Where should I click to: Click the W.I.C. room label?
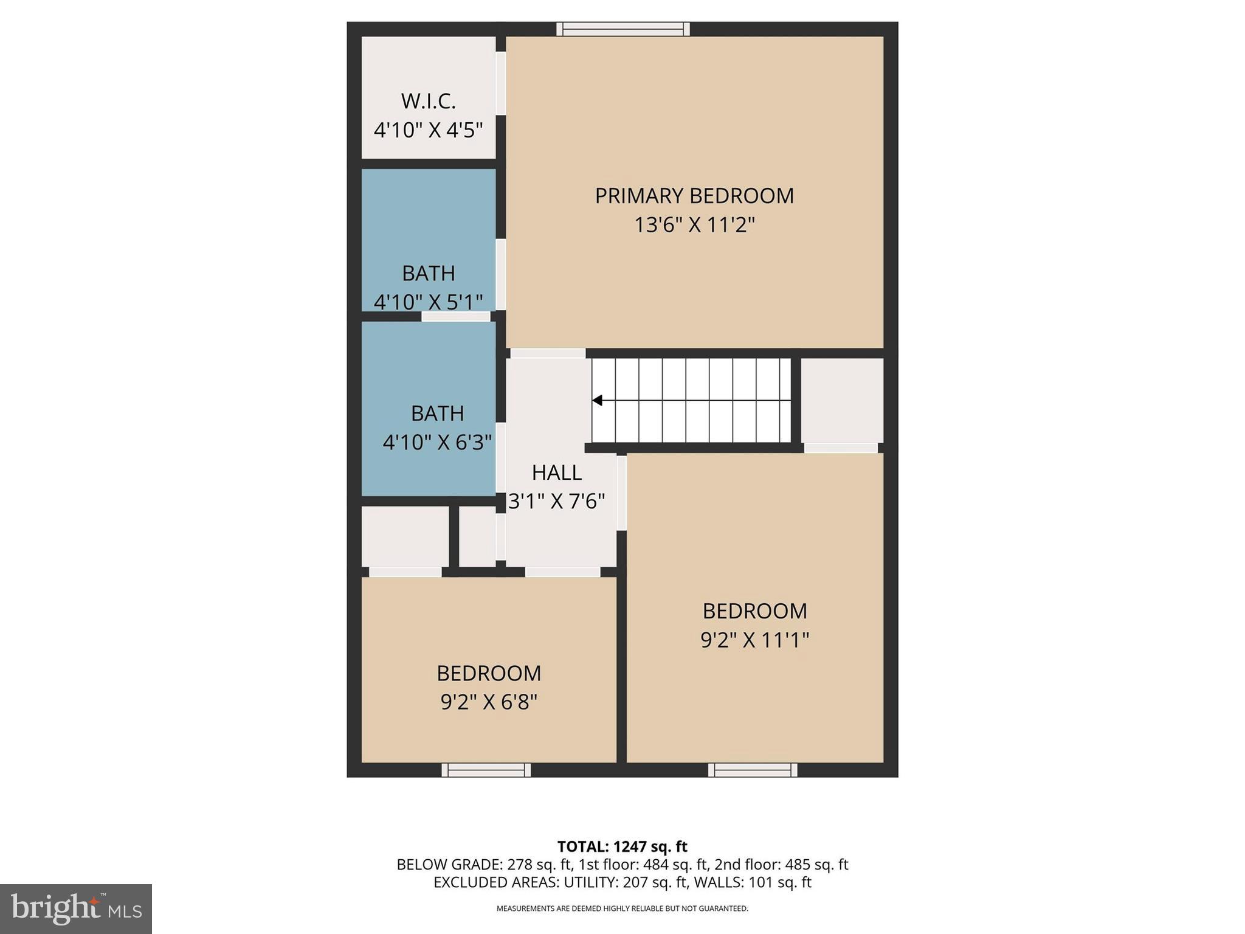click(428, 102)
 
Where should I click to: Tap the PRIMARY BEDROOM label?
click(694, 196)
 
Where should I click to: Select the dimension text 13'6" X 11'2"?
click(694, 225)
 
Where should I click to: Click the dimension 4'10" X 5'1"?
click(428, 301)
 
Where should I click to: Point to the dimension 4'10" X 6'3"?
click(437, 442)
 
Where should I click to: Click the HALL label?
click(557, 472)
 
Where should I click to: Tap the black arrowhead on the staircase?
click(598, 400)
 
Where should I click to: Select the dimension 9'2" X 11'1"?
click(755, 640)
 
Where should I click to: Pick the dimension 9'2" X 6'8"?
click(489, 702)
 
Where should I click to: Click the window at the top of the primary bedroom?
click(623, 29)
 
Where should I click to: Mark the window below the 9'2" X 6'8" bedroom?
click(486, 770)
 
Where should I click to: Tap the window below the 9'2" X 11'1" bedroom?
click(753, 770)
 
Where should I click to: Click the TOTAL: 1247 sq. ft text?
click(622, 846)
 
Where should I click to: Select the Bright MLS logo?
click(76, 908)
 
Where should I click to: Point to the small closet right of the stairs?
click(842, 400)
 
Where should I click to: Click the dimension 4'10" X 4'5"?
click(428, 130)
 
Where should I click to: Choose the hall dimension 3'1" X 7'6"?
click(557, 501)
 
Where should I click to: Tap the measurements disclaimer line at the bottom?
click(622, 908)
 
